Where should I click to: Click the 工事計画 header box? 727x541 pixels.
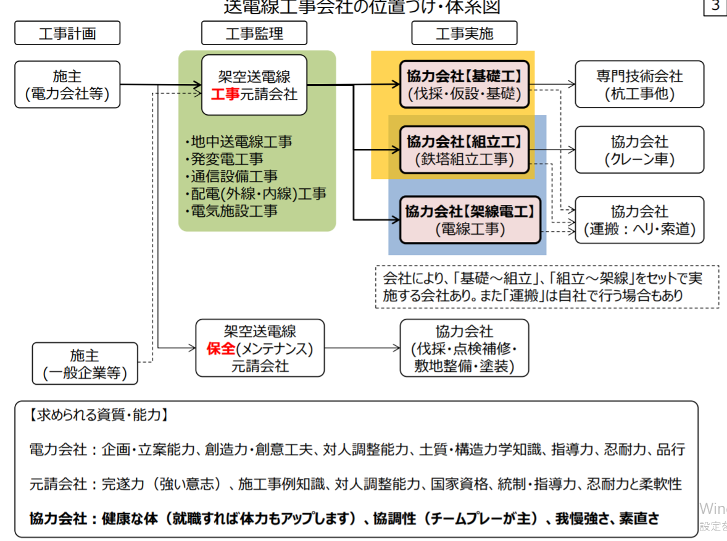67,33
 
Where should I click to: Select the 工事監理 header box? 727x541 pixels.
254,33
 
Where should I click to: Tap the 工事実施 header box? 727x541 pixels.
464,33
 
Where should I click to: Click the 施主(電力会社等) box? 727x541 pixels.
67,85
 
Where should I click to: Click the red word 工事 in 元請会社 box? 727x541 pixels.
225,94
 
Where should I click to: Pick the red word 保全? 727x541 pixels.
221,349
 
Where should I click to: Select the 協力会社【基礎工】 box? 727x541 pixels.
465,85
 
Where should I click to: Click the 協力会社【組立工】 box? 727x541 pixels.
465,150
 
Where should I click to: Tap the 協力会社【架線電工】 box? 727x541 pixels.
469,220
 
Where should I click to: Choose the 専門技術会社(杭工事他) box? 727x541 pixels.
639,85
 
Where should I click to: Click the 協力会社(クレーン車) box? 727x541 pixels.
639,150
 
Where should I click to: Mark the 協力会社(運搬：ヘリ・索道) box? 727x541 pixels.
639,220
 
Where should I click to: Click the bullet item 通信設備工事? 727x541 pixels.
233,176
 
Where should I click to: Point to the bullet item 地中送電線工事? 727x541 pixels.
240,141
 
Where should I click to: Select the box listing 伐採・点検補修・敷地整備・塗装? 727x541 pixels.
464,348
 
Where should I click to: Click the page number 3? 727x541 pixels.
715,7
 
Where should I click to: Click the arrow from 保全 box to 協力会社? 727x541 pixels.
361,348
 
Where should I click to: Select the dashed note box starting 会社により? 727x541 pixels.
547,287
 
